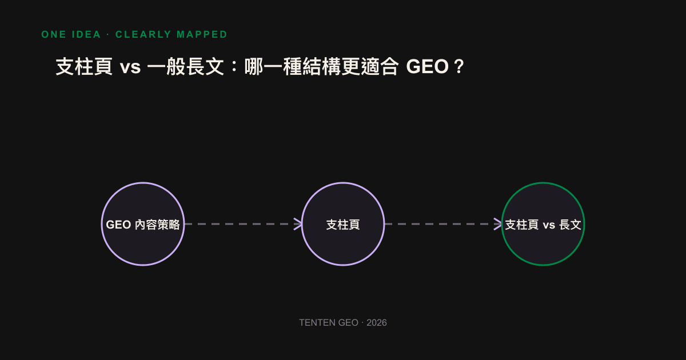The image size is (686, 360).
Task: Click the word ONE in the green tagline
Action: (54, 34)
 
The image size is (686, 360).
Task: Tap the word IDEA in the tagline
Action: (86, 34)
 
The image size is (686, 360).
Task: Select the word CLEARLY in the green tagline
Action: (143, 34)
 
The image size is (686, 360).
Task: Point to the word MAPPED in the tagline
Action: (202, 34)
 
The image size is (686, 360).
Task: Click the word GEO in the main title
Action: (427, 66)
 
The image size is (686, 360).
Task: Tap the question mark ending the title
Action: (459, 66)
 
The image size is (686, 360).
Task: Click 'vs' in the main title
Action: (130, 67)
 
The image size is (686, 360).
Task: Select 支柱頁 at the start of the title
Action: (84, 66)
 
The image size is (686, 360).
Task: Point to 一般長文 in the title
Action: (186, 66)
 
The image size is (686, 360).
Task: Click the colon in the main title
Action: (234, 67)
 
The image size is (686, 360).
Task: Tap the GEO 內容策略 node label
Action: (143, 225)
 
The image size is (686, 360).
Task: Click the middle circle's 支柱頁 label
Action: (343, 225)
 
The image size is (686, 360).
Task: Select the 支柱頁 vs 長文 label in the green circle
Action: (543, 225)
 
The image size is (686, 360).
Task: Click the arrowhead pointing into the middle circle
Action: (298, 224)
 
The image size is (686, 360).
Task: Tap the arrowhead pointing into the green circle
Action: (498, 224)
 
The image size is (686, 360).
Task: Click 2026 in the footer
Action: (377, 323)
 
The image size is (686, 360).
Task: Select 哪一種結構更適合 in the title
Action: (321, 66)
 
